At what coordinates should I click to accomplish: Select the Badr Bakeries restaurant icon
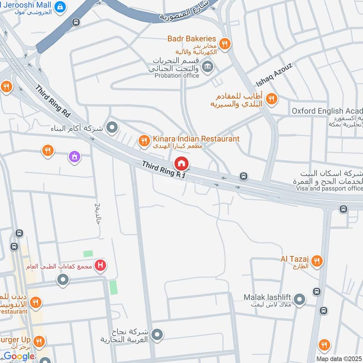(x=224, y=44)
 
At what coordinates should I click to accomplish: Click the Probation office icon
(x=208, y=67)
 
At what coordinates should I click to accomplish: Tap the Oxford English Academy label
(x=327, y=111)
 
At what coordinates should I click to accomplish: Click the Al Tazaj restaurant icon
(x=317, y=261)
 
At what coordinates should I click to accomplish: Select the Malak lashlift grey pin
(x=299, y=299)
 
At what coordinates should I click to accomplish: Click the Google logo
(x=19, y=357)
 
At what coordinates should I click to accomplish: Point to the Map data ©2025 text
(x=339, y=358)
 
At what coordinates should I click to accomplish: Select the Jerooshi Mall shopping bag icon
(x=59, y=7)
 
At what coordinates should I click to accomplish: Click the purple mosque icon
(x=74, y=157)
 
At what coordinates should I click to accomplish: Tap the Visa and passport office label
(x=329, y=188)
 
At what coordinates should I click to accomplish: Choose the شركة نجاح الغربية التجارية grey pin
(x=157, y=335)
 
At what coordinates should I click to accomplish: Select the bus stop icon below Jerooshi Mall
(x=76, y=22)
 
